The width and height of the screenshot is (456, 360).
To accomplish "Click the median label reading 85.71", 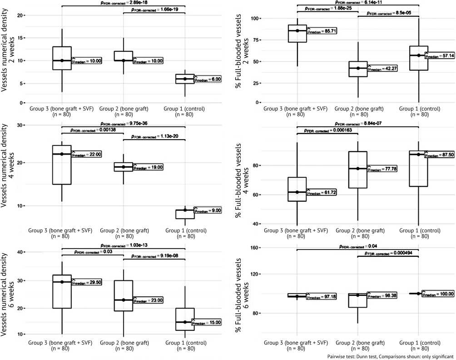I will pyautogui.click(x=322, y=31).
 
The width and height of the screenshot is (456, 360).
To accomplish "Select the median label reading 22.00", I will pyautogui.click(x=86, y=154).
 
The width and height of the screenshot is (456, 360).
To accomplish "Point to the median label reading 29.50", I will pyautogui.click(x=86, y=282).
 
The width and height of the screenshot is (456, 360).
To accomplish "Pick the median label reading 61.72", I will pyautogui.click(x=321, y=192).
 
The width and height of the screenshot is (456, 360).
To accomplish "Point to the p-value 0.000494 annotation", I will pyautogui.click(x=388, y=254).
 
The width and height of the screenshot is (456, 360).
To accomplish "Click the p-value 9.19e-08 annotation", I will pyautogui.click(x=154, y=256).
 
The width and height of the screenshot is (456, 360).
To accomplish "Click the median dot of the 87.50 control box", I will pyautogui.click(x=418, y=155).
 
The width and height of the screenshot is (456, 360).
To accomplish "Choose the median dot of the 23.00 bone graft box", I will pyautogui.click(x=124, y=300).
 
